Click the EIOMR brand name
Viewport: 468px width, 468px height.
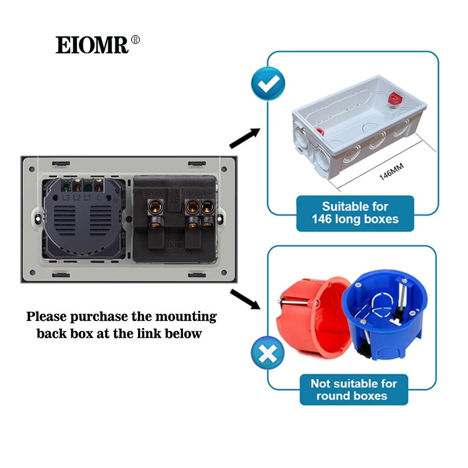(x=92, y=45)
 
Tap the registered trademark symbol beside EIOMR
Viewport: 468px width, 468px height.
(x=135, y=40)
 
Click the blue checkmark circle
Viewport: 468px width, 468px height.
(x=268, y=84)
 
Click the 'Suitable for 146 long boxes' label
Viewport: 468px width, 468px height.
(x=355, y=212)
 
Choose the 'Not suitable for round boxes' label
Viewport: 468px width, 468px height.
(x=353, y=389)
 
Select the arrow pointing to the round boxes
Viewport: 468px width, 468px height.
(x=245, y=299)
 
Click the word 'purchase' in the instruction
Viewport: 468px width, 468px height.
(x=99, y=317)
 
